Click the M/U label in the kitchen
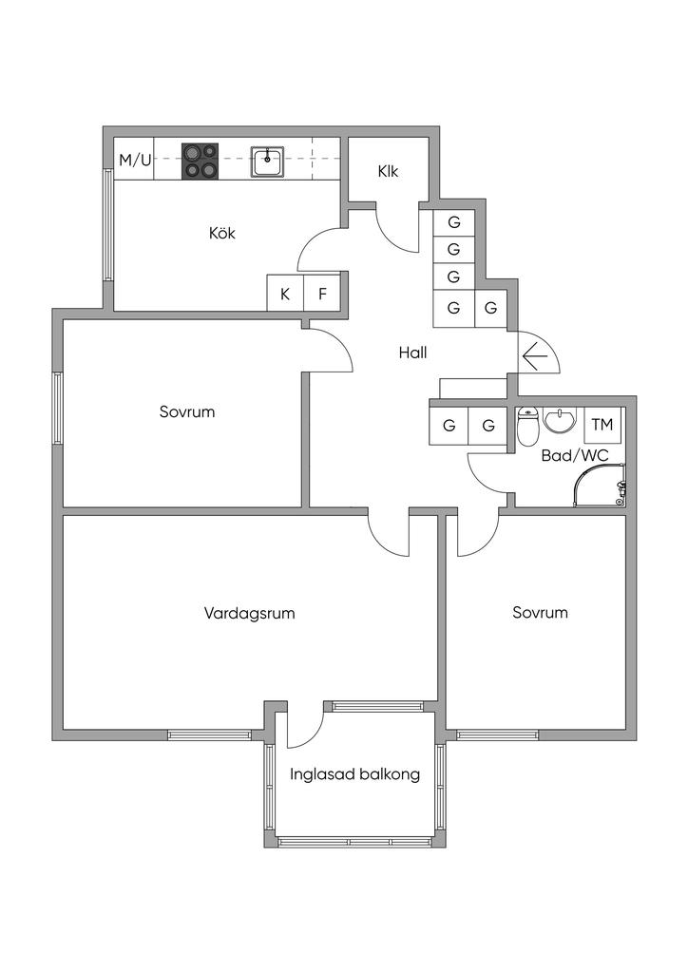click(x=135, y=160)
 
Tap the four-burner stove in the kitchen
click(x=200, y=161)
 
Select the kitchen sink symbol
click(x=267, y=161)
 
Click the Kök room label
click(x=222, y=233)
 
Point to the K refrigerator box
click(x=285, y=294)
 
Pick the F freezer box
click(x=322, y=294)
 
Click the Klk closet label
click(x=387, y=172)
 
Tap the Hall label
click(x=412, y=353)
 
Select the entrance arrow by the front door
click(x=535, y=355)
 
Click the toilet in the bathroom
click(x=527, y=429)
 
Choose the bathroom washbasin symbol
click(x=562, y=421)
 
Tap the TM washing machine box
click(x=602, y=425)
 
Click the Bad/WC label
click(x=574, y=456)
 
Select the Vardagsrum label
click(x=249, y=613)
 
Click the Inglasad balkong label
click(x=354, y=774)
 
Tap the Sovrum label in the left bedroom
click(x=187, y=412)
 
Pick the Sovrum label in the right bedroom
click(x=540, y=613)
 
